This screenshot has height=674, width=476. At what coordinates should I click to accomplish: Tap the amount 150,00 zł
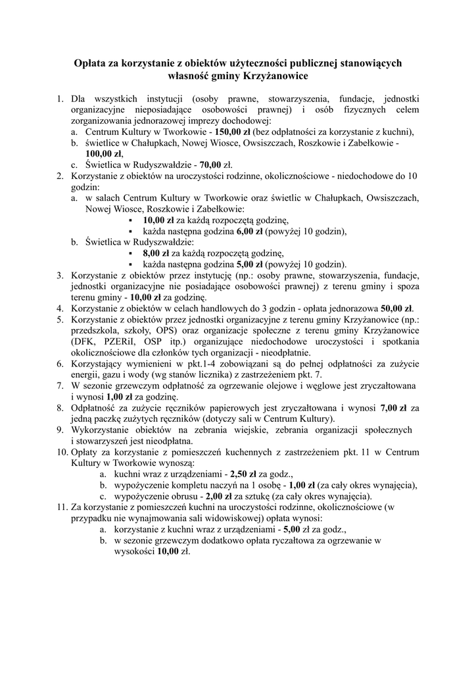[226, 132]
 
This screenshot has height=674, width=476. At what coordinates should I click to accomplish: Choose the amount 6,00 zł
[249, 231]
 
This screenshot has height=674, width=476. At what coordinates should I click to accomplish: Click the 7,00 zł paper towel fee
[394, 408]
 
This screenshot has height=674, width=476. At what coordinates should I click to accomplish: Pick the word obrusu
[179, 496]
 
